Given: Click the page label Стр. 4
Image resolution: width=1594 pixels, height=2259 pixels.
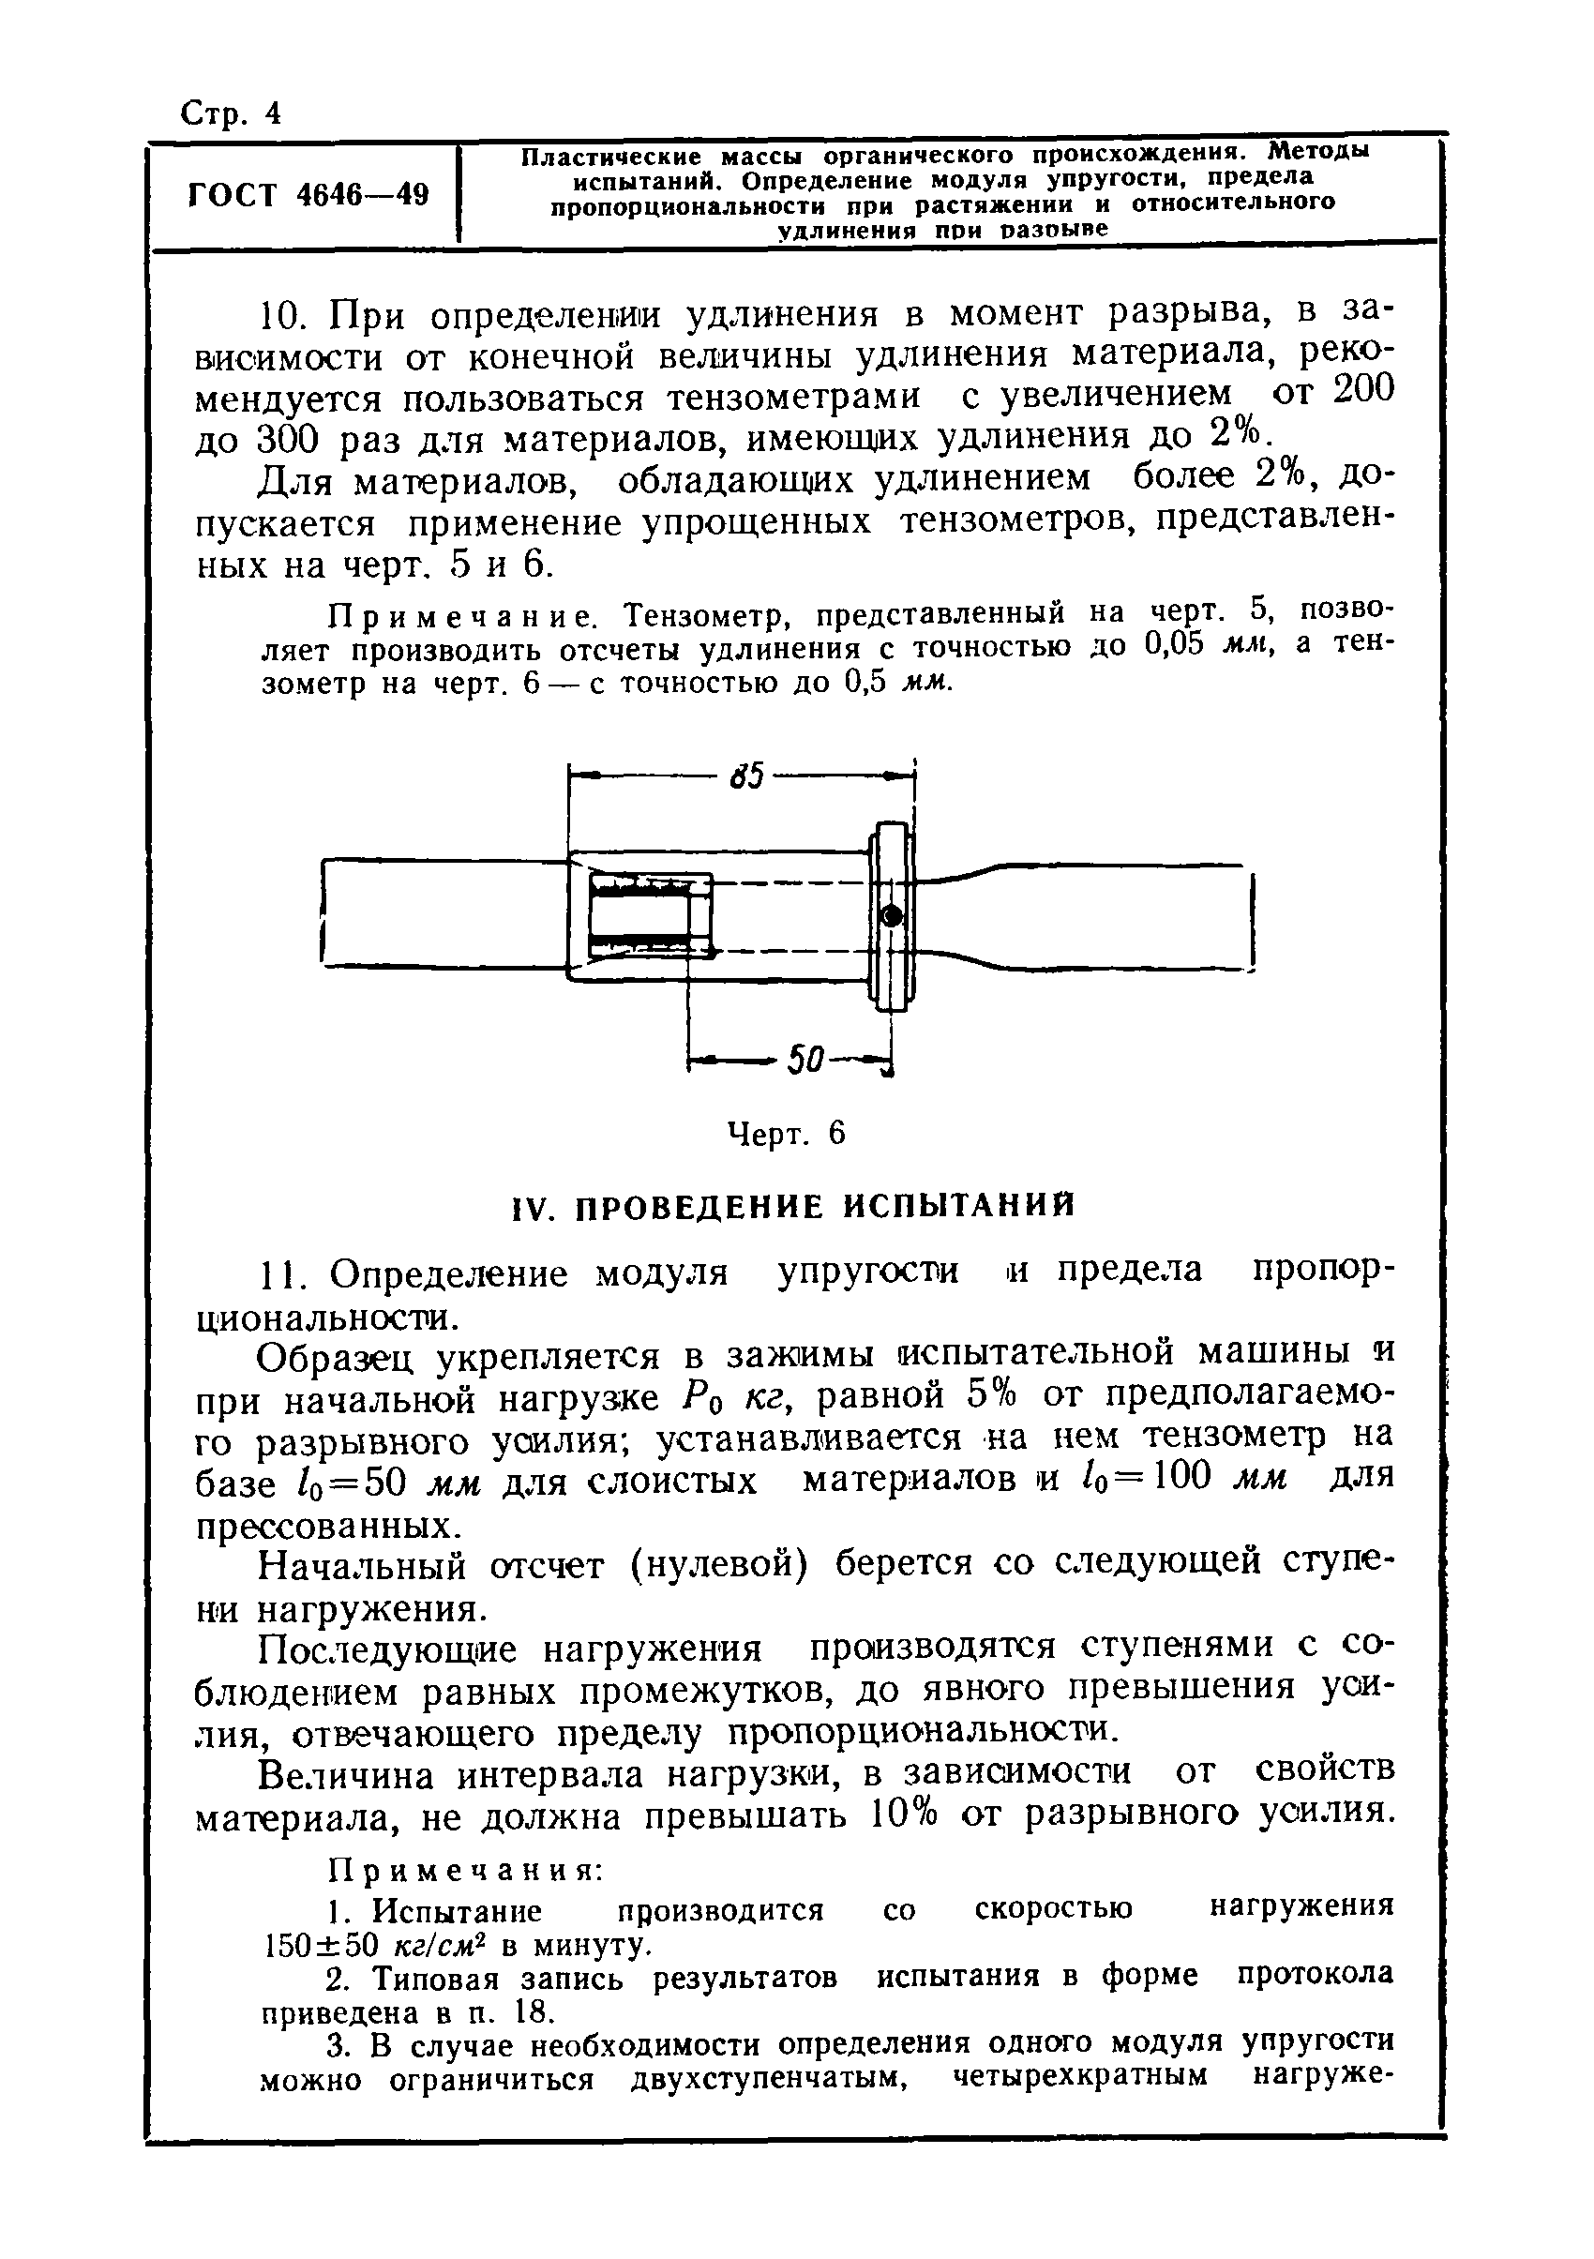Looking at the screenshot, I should click(x=232, y=114).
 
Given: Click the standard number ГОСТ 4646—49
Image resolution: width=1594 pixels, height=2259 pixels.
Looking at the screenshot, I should click(x=308, y=195).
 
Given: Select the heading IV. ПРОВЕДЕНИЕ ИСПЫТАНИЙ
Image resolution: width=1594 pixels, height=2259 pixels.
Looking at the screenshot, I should click(x=795, y=1205).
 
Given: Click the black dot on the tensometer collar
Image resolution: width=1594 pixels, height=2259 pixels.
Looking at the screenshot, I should click(x=892, y=916).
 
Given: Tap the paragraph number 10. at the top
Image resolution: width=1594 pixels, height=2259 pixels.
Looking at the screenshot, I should click(x=284, y=317).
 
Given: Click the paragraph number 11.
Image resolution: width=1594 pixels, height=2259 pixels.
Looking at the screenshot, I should click(x=284, y=1274).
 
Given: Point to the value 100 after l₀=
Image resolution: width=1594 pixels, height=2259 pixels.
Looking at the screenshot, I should click(x=1176, y=1478).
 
